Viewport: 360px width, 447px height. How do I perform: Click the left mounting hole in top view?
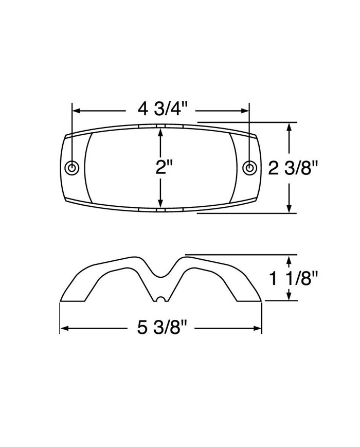73,168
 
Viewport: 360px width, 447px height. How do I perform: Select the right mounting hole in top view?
249,168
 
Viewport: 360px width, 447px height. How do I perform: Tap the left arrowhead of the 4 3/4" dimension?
76,110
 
